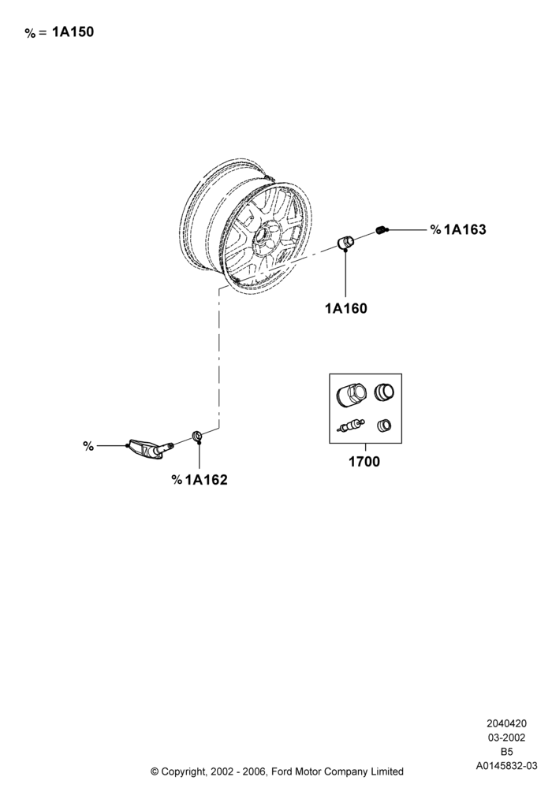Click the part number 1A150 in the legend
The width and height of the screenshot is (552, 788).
[73, 32]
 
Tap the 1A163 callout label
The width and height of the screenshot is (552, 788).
[465, 229]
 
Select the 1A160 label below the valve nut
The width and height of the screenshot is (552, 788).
[346, 309]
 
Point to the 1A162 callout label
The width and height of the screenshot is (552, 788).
[206, 480]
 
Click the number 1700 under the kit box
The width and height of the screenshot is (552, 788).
[364, 461]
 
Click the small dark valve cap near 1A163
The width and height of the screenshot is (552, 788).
[382, 230]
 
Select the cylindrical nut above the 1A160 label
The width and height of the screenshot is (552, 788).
[345, 241]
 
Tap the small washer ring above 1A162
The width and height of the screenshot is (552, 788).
[198, 435]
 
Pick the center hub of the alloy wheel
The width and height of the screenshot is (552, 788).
[263, 235]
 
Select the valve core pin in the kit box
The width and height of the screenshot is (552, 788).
[349, 426]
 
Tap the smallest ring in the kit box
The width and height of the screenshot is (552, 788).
[385, 426]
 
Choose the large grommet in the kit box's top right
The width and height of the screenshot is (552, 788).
[384, 392]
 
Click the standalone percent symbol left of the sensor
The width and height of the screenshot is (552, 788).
[88, 446]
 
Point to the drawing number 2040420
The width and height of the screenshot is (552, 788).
[507, 723]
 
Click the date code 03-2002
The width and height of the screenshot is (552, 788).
[507, 738]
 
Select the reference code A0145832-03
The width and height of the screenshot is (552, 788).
[507, 766]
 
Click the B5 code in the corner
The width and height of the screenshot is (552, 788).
[507, 752]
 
